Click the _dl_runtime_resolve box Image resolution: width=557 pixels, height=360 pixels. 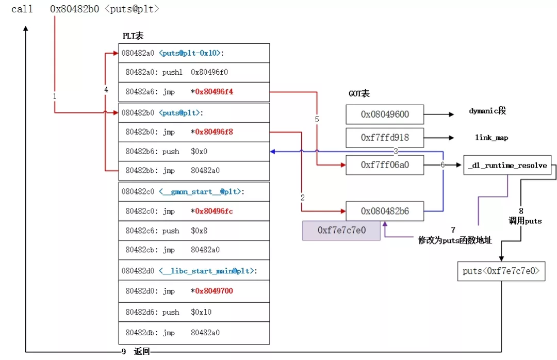pos(507,166)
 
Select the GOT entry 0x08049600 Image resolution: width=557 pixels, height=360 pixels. pos(385,114)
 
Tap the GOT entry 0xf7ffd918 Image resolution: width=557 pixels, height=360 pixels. pos(385,138)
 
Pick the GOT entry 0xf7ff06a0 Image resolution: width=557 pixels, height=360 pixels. pos(385,166)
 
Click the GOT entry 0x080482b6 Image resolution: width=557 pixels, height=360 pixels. pos(385,211)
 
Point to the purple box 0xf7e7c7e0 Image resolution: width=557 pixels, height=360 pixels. pos(341,230)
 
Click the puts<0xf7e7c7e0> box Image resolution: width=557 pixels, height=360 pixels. pos(501,271)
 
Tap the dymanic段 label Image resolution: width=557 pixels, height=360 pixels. pos(488,111)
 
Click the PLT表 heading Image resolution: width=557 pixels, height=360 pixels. pos(133,36)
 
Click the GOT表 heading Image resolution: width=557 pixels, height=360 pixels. pos(359,94)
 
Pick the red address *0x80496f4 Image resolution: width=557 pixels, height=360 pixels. pos(211,92)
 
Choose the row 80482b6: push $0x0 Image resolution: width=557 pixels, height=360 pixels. pos(193,152)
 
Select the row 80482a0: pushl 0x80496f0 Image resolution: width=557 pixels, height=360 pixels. pos(193,73)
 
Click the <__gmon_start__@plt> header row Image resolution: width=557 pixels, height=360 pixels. pos(193,192)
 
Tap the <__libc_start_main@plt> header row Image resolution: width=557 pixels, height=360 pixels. pos(193,271)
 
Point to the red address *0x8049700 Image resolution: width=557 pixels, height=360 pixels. pos(211,291)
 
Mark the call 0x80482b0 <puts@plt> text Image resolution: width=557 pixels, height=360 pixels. pos(86,9)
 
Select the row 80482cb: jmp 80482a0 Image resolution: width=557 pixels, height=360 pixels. pos(193,250)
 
